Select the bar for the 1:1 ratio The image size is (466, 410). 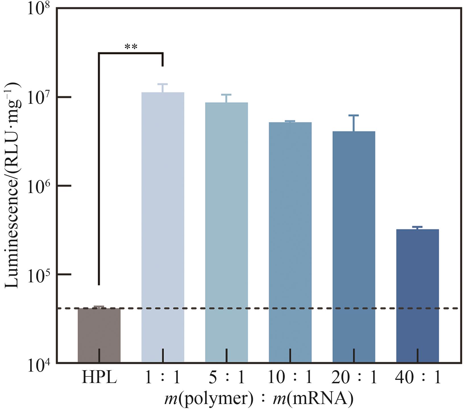pos(163,227)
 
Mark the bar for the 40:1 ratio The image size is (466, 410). pos(417,296)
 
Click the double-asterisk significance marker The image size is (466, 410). pos(131,47)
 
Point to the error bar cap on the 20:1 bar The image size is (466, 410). pos(354,115)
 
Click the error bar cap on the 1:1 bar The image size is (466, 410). pos(163,84)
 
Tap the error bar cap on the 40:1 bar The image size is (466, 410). pos(417,227)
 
